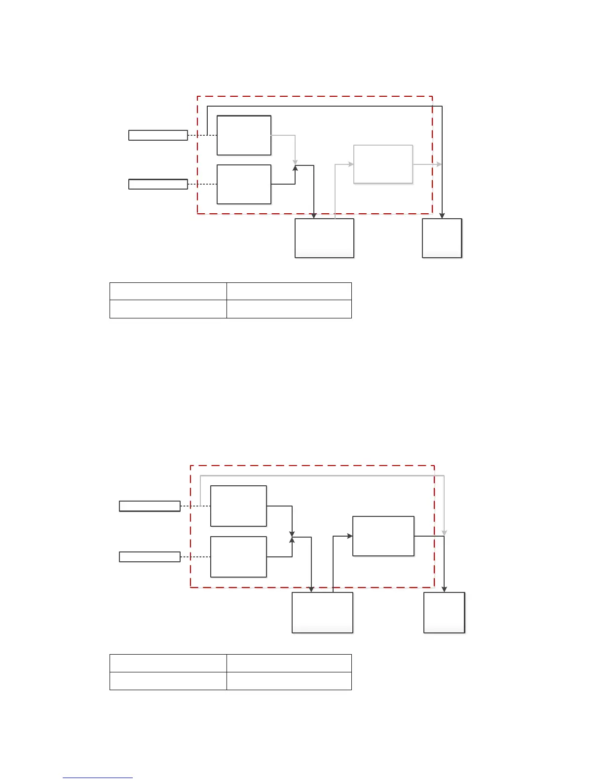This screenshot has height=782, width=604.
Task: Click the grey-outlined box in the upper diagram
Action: coord(383,164)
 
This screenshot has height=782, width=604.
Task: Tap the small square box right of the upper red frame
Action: coord(442,238)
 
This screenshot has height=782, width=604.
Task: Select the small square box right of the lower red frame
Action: coord(444,612)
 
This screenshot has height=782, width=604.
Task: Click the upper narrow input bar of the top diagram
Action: coord(158,135)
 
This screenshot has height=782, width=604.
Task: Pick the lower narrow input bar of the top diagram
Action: coord(158,184)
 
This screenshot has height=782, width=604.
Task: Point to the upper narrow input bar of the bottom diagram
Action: coord(150,506)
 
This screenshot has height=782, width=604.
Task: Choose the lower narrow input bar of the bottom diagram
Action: coord(150,557)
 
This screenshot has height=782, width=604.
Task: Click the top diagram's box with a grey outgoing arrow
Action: coord(244,135)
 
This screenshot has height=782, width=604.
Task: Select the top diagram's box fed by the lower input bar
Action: coord(244,184)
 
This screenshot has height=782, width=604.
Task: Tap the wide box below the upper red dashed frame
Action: coord(324,238)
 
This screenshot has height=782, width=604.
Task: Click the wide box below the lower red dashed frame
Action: coord(322,612)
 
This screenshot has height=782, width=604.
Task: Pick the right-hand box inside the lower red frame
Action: coord(383,536)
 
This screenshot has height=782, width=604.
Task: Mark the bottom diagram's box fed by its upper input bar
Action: coord(238,506)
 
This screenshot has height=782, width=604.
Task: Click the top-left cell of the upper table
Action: coord(168,291)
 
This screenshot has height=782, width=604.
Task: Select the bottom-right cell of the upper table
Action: coord(289,309)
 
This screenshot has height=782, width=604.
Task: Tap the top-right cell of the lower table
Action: coord(289,663)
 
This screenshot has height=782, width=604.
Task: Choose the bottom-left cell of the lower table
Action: coord(168,681)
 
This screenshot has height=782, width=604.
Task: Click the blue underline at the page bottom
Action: coord(98,778)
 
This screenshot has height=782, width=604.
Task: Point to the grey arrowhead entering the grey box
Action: coord(351,164)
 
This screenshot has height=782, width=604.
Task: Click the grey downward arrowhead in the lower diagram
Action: coord(444,533)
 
